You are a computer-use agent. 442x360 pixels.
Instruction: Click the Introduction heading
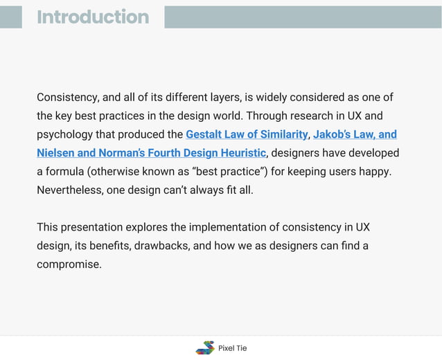click(93, 17)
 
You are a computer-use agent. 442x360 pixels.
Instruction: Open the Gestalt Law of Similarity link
click(246, 134)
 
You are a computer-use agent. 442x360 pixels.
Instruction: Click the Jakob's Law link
click(355, 134)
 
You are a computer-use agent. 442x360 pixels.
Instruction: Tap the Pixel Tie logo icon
click(205, 348)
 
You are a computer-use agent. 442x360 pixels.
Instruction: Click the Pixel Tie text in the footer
click(232, 348)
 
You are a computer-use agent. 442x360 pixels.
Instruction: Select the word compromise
click(69, 264)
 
